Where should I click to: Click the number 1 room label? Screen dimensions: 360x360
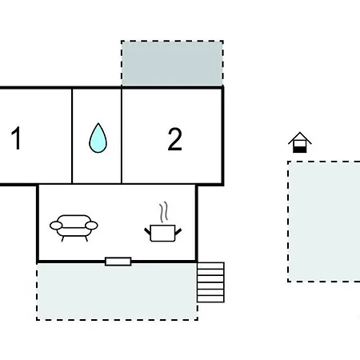point(17,138)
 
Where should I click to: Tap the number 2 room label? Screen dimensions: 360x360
point(175,139)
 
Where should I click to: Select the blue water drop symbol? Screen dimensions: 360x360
point(98,138)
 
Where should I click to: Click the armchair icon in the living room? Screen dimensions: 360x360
point(74,228)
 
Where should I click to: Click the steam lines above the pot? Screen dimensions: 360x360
point(164,212)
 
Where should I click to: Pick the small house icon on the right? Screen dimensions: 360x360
point(300,142)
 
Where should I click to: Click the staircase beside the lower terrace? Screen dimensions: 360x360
point(210,282)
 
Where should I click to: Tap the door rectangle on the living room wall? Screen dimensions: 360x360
point(118,262)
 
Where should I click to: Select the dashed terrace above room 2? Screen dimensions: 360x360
point(172,63)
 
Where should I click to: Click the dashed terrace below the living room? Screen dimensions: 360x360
point(117,291)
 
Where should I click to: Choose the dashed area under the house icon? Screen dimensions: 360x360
point(324,222)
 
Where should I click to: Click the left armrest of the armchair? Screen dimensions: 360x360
point(56,226)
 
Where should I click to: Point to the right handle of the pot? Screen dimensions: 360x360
point(178,232)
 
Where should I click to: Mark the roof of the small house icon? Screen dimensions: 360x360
point(300,138)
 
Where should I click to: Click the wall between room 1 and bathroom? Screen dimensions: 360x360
point(72,136)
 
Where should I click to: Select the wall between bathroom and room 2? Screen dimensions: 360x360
point(122,136)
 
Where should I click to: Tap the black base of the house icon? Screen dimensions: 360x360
point(300,150)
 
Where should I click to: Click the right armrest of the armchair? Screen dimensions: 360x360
point(91,226)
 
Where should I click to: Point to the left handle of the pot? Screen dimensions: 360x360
point(147,232)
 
